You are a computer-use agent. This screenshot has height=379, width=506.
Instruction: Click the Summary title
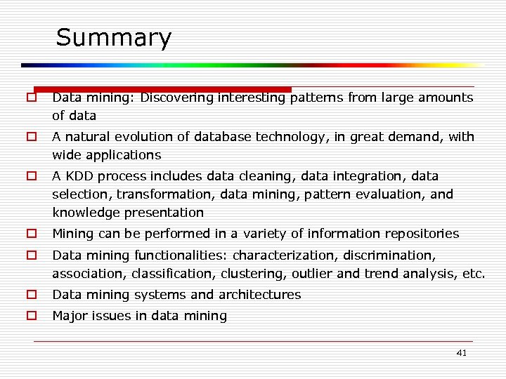(x=113, y=38)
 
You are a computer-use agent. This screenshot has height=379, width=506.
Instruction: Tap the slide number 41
(x=461, y=353)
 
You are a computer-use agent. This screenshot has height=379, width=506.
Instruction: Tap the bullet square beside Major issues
(x=32, y=316)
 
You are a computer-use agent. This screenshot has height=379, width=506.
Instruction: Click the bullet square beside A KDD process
(x=32, y=176)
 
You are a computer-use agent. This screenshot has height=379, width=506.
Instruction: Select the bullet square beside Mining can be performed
(x=32, y=234)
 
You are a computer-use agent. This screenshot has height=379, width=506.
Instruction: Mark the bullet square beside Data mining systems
(x=32, y=295)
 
